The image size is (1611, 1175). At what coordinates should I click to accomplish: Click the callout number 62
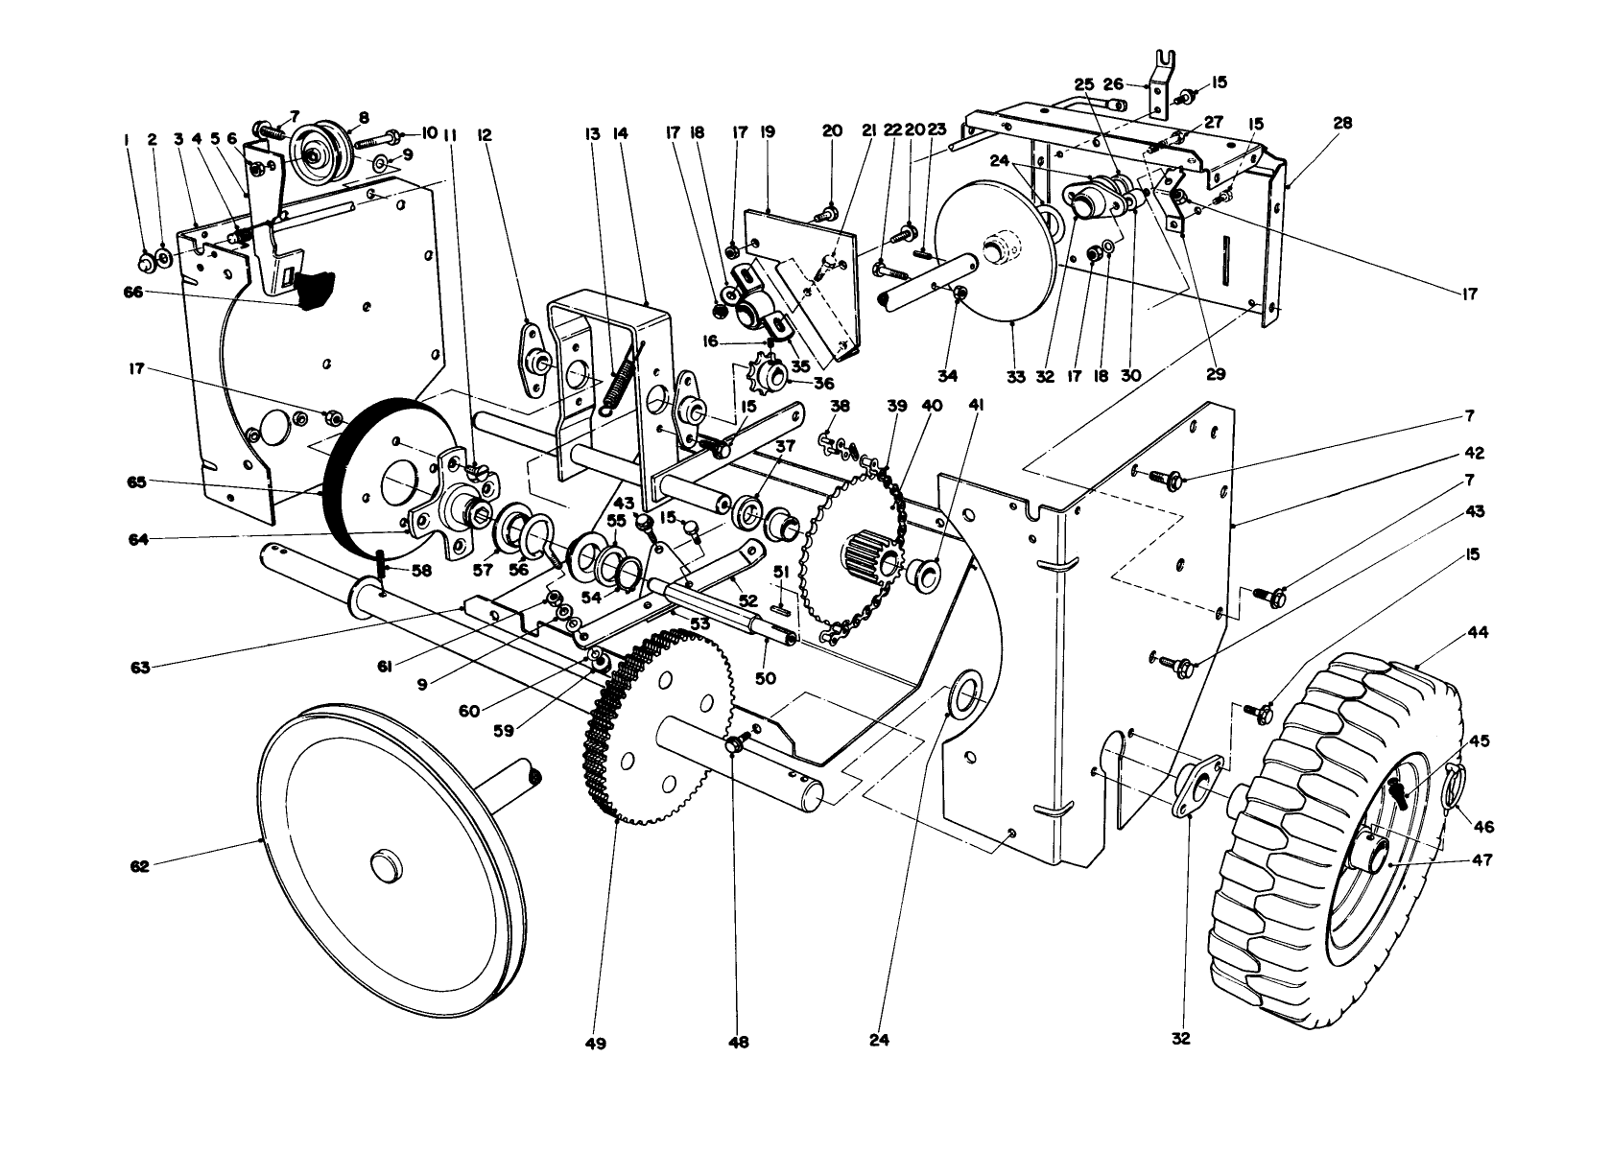click(139, 866)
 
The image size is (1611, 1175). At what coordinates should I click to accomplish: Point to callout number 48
click(738, 1042)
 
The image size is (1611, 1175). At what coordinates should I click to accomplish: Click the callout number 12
click(484, 136)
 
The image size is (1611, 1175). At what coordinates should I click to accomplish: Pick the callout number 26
click(1113, 83)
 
